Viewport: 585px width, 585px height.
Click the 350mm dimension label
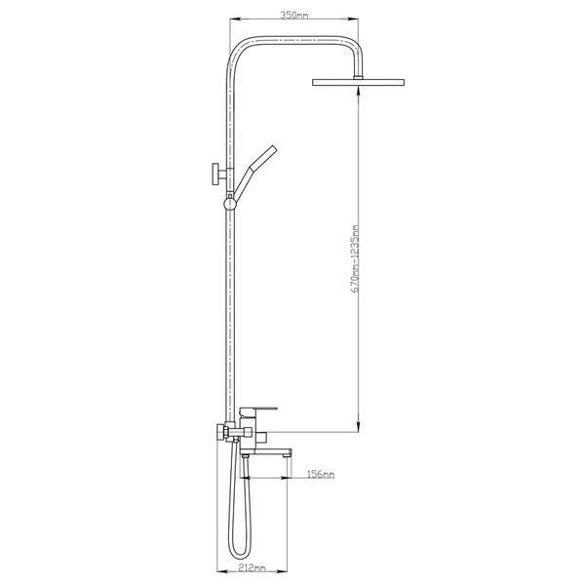pyautogui.click(x=294, y=16)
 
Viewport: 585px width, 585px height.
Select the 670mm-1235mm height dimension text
pyautogui.click(x=356, y=258)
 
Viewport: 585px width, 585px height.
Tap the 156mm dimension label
pyautogui.click(x=321, y=474)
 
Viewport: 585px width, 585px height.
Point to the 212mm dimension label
pyautogui.click(x=252, y=568)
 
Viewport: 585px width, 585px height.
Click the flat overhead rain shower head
pyautogui.click(x=358, y=82)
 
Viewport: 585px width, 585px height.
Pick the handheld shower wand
pyautogui.click(x=255, y=171)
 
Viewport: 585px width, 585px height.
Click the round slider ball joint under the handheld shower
pyautogui.click(x=230, y=204)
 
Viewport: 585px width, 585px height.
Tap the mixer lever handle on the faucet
pyautogui.click(x=258, y=411)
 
